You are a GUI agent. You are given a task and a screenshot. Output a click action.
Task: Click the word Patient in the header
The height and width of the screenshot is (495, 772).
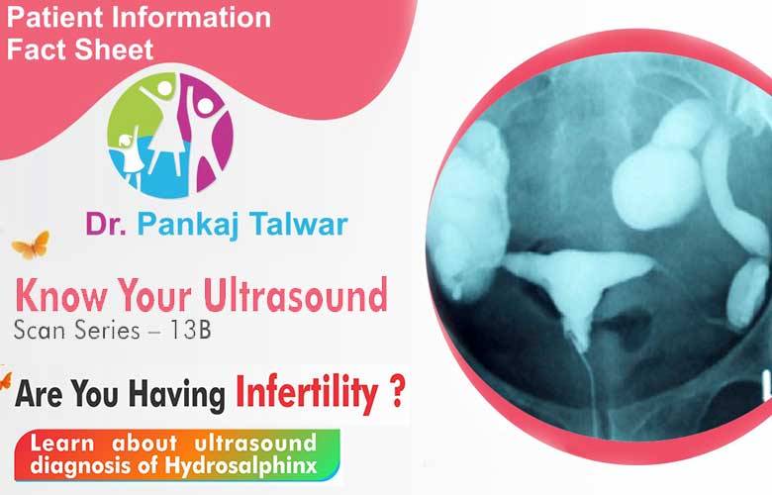click(x=55, y=17)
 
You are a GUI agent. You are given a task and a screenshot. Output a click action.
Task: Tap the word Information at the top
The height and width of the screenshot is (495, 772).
click(x=192, y=17)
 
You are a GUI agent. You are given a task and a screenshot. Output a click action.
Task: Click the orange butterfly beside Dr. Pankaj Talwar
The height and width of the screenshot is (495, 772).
click(x=32, y=245)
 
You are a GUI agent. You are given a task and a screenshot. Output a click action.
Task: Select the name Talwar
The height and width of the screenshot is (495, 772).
click(x=299, y=224)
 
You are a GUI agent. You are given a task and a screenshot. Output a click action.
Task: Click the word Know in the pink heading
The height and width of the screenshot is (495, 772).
click(x=61, y=296)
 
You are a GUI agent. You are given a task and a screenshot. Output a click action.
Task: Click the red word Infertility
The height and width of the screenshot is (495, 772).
click(x=307, y=394)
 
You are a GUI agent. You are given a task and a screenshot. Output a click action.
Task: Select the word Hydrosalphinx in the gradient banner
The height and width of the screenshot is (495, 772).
click(x=241, y=466)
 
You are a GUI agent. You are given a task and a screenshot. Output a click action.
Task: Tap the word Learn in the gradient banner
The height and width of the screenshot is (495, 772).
click(x=62, y=444)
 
